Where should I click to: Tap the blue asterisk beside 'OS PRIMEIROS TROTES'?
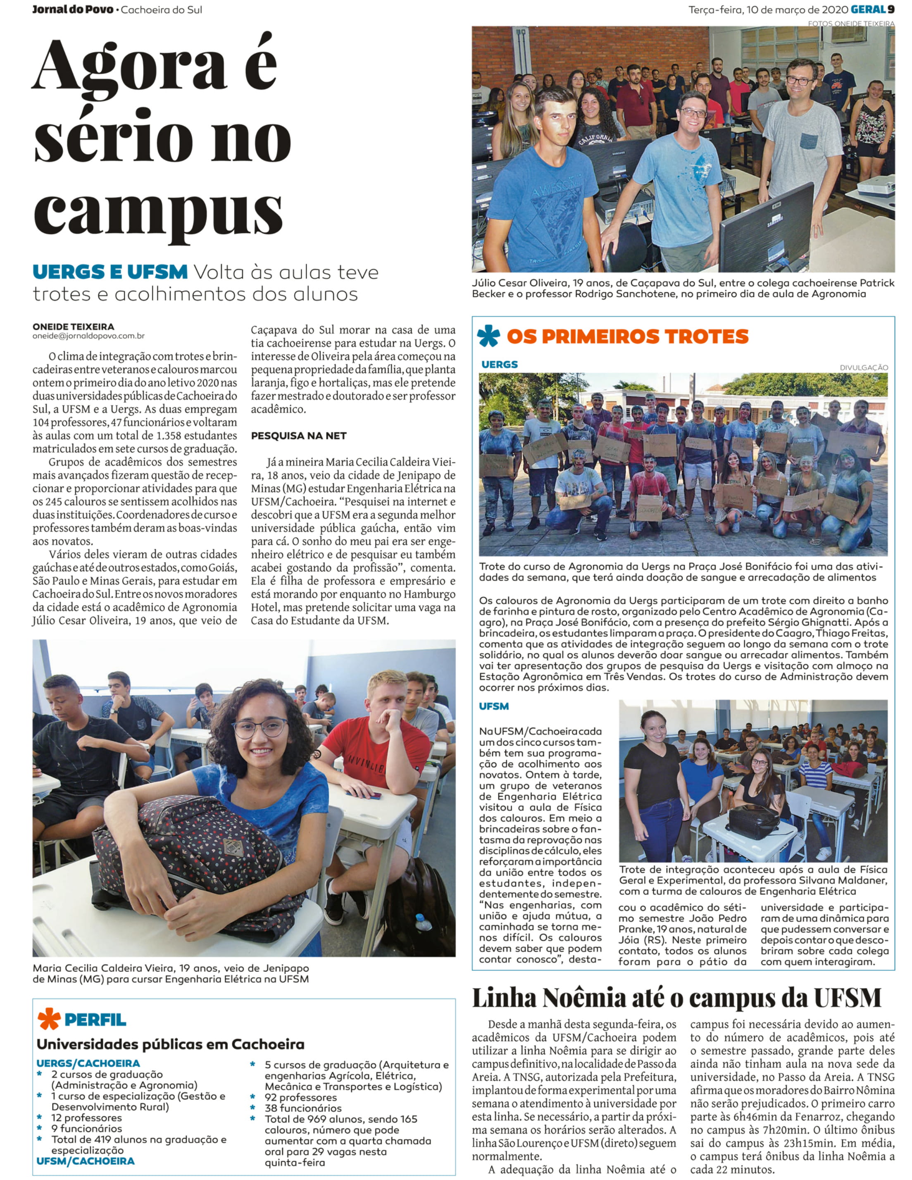[x=488, y=336]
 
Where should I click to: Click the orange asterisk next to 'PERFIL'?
[x=49, y=1019]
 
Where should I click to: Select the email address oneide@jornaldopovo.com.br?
[x=88, y=336]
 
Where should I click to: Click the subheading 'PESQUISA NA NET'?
[x=298, y=436]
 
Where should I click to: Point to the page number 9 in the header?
[x=891, y=9]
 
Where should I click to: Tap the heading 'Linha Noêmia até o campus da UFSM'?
[x=676, y=998]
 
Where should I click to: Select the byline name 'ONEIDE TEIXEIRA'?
[x=73, y=327]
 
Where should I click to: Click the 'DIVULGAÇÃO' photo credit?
[x=863, y=367]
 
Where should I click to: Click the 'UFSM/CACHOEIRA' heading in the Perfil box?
[x=86, y=1161]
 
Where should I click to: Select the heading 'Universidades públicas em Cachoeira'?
[x=170, y=1044]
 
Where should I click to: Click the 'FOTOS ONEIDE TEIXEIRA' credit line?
[x=851, y=23]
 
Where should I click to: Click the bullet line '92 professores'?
[x=300, y=1097]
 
